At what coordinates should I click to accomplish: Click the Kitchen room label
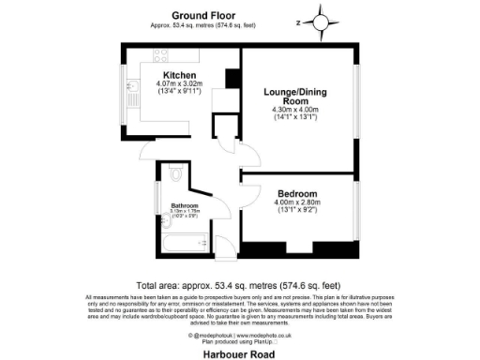(x=179, y=75)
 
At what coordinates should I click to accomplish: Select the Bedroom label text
(x=296, y=193)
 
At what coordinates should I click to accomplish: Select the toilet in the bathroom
(x=178, y=175)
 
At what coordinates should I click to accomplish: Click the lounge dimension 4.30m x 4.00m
(x=295, y=110)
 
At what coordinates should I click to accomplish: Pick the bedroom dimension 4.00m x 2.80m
(x=296, y=202)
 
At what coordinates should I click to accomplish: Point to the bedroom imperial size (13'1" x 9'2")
(x=296, y=210)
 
